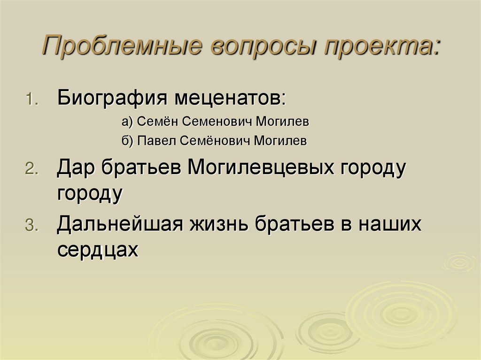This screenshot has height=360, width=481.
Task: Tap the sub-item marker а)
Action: pyautogui.click(x=128, y=122)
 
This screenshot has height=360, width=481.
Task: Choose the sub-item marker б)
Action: pyautogui.click(x=128, y=141)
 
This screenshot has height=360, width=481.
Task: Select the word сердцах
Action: pyautogui.click(x=98, y=249)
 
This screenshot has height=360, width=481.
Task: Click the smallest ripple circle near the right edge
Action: pyautogui.click(x=459, y=261)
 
